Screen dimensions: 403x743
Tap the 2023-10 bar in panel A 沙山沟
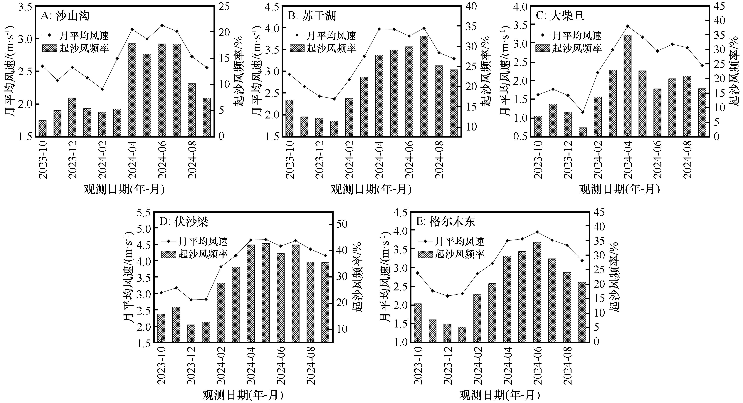42,128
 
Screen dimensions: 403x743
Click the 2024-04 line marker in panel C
627,26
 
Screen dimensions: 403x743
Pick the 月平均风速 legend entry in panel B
323,36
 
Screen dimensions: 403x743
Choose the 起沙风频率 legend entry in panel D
194,254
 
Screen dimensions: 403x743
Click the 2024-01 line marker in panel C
582,112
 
